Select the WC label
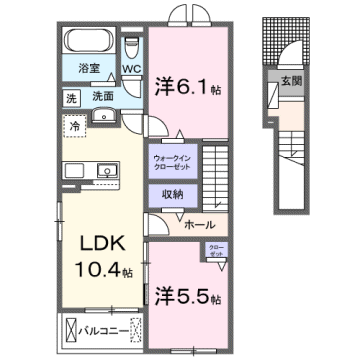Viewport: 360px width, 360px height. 132,69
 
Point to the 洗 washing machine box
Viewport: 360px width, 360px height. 71,97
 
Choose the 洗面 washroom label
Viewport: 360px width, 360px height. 103,97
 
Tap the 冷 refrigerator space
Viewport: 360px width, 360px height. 76,126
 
